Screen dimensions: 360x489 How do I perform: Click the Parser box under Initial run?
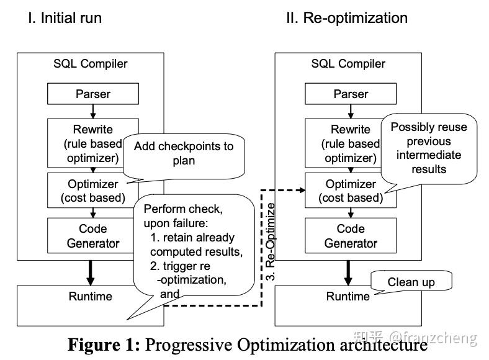92,94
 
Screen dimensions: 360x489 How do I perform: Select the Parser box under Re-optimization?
351,94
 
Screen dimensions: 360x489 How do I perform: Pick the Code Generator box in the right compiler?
351,236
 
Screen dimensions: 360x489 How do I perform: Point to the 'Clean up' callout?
411,282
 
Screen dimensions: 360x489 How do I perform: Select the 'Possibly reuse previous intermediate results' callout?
428,148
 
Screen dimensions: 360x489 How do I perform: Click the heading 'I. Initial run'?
65,18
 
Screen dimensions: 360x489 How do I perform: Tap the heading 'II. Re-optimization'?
346,18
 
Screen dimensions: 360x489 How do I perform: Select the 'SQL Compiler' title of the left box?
90,64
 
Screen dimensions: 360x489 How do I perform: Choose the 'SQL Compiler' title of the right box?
348,64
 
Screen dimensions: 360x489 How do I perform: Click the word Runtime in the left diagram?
91,297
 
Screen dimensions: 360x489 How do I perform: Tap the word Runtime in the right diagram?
348,297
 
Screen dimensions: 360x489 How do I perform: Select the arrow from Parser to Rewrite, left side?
92,111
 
